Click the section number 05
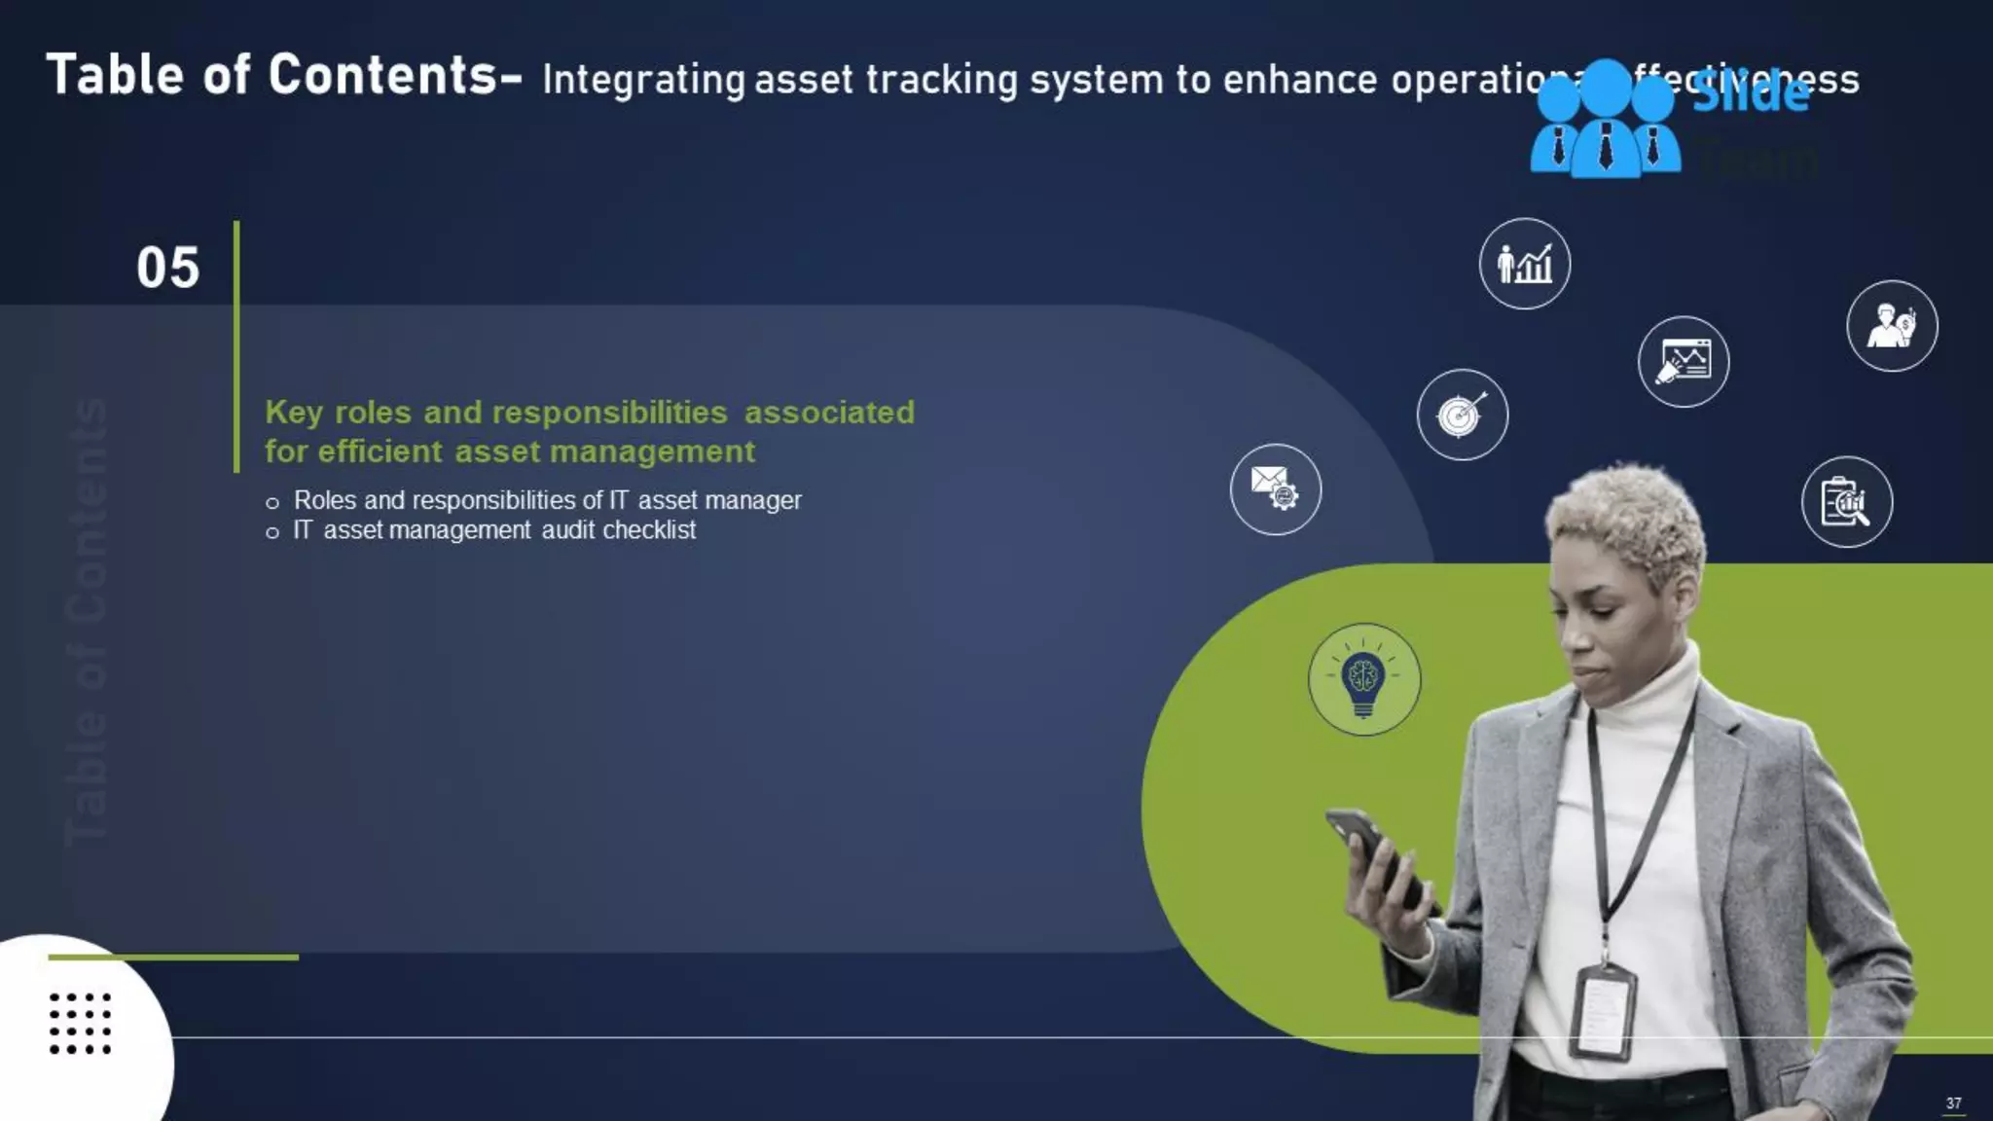[x=168, y=268]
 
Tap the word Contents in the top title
[x=383, y=75]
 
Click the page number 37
[x=1953, y=1103]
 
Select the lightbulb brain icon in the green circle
[x=1363, y=679]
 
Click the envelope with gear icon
[x=1275, y=488]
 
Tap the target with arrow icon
[x=1462, y=415]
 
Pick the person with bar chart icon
[x=1524, y=264]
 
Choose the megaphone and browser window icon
[x=1683, y=362]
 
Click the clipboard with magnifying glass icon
[x=1846, y=502]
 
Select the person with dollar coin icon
[x=1891, y=326]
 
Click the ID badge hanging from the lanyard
[x=1603, y=1012]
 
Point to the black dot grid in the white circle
[x=80, y=1024]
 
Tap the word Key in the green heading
[x=294, y=413]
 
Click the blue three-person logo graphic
[x=1605, y=122]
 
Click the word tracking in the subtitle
[x=941, y=80]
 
